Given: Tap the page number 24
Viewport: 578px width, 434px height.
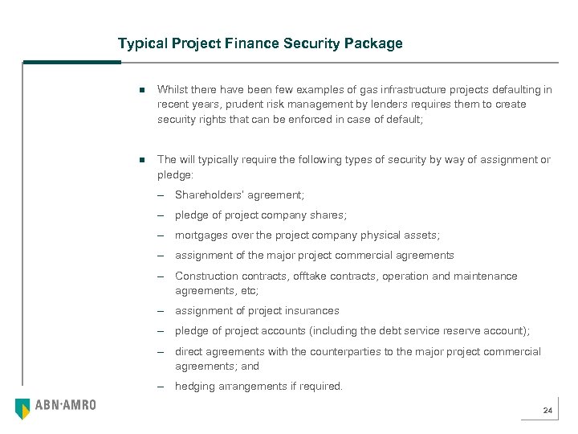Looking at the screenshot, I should pyautogui.click(x=547, y=411).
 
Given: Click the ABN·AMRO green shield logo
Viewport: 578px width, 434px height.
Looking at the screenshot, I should pyautogui.click(x=22, y=407).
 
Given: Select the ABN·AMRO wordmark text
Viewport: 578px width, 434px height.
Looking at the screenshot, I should pyautogui.click(x=65, y=406).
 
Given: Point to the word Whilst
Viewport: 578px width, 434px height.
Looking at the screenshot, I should pyautogui.click(x=173, y=90).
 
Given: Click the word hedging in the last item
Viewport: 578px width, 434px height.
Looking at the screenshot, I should pyautogui.click(x=194, y=386).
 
